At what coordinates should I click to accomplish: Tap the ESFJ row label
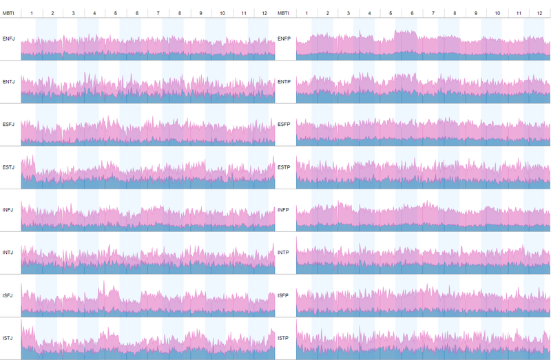[x=9, y=125]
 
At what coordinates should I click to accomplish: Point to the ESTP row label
[x=284, y=167]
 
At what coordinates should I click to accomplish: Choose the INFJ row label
[x=8, y=209]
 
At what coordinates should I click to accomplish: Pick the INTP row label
[x=283, y=252]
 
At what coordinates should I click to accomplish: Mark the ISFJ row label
[x=8, y=295]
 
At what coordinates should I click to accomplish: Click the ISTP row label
[x=283, y=338]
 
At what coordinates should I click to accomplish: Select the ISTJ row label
[x=8, y=338]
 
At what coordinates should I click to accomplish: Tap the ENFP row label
[x=284, y=39]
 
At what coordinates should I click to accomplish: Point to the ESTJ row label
[x=9, y=167]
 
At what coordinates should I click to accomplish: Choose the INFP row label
[x=283, y=209]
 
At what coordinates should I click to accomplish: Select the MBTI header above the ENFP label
[x=284, y=14]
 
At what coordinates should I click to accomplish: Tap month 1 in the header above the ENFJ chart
[x=32, y=14]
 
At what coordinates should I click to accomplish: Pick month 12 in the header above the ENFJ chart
[x=264, y=14]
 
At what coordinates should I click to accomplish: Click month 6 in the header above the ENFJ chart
[x=137, y=14]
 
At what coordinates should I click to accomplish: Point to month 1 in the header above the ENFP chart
[x=306, y=14]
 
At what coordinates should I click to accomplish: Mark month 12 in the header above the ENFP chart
[x=540, y=14]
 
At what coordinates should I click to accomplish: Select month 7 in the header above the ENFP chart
[x=433, y=14]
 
